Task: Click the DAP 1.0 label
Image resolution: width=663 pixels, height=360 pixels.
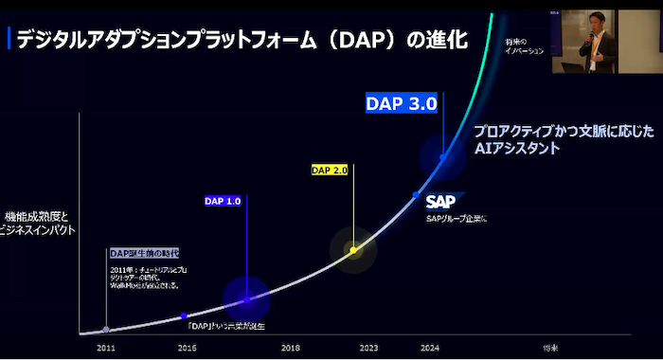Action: (224, 201)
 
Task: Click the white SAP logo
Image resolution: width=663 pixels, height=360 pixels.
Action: (442, 201)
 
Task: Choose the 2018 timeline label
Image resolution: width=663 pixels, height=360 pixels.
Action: (290, 348)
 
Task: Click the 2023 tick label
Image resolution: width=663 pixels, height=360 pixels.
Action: (368, 348)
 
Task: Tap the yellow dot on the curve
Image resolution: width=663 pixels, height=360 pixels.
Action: (352, 250)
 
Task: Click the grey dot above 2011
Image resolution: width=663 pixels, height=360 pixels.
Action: (106, 330)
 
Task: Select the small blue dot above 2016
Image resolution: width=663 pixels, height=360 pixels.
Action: (184, 315)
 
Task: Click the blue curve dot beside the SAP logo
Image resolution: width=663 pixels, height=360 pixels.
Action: (416, 194)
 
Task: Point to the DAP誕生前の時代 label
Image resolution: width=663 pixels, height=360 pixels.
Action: (144, 253)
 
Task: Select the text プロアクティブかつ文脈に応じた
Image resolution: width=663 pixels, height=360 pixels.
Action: (564, 133)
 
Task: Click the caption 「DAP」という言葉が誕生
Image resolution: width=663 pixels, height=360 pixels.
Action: (226, 326)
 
